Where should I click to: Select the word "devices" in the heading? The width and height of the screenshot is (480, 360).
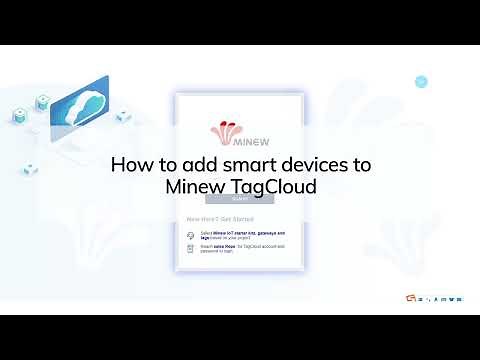pos(319,164)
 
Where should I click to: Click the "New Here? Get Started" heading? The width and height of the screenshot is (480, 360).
pos(219,218)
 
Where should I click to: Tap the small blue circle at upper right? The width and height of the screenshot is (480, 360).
pos(421,81)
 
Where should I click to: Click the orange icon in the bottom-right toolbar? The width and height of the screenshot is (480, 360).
pos(423,297)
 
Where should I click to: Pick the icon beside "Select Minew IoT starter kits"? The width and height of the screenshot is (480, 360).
pos(190,233)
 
